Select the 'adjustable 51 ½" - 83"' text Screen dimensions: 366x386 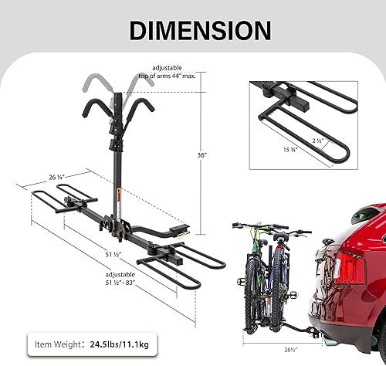[121, 280]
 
